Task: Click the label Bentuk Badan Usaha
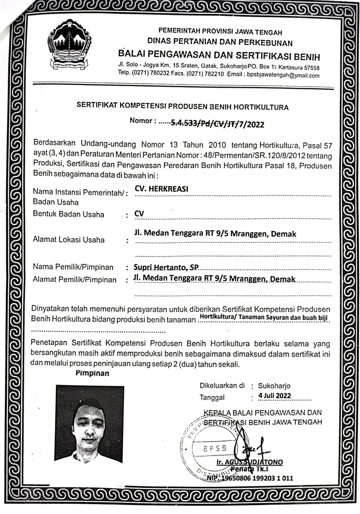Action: (x=68, y=214)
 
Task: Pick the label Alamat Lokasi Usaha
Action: (x=68, y=240)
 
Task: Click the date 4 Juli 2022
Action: (x=278, y=396)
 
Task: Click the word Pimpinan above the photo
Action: (x=92, y=373)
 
